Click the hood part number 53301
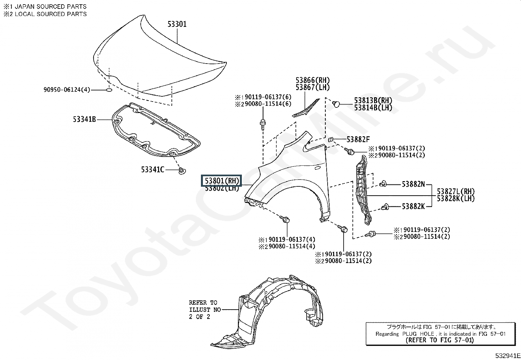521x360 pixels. click(177, 24)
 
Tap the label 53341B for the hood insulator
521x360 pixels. click(84, 119)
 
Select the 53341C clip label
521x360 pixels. click(153, 170)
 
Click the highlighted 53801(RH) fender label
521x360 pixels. click(222, 181)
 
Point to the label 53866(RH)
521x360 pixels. click(313, 80)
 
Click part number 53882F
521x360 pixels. click(358, 140)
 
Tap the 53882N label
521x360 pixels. click(413, 184)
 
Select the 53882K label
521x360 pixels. click(413, 206)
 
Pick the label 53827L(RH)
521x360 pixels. click(456, 192)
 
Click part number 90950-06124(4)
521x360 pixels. click(67, 90)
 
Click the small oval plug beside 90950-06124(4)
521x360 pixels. click(109, 90)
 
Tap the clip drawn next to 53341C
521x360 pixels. click(182, 170)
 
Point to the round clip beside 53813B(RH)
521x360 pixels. click(335, 104)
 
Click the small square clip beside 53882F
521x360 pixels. click(331, 140)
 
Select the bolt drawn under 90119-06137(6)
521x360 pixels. click(263, 124)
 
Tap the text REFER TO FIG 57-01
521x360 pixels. click(440, 340)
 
